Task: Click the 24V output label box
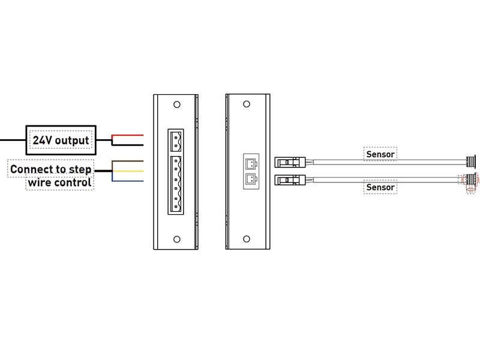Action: tap(61, 140)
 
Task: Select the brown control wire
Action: tap(128, 161)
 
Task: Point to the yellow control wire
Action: tap(128, 171)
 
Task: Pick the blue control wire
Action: tap(128, 181)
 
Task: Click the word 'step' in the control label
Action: tap(80, 169)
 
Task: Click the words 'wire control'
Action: tap(60, 182)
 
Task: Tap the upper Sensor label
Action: tap(380, 154)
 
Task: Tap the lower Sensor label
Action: tap(380, 187)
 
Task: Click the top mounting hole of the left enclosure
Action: tap(177, 104)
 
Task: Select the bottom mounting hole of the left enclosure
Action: tap(177, 239)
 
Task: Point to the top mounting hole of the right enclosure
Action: tap(245, 104)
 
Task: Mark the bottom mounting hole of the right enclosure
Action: tap(245, 239)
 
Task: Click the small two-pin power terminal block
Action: tap(176, 141)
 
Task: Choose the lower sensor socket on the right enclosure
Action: tap(251, 179)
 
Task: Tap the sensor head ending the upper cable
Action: tap(472, 161)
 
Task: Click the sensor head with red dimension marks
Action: tap(471, 179)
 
